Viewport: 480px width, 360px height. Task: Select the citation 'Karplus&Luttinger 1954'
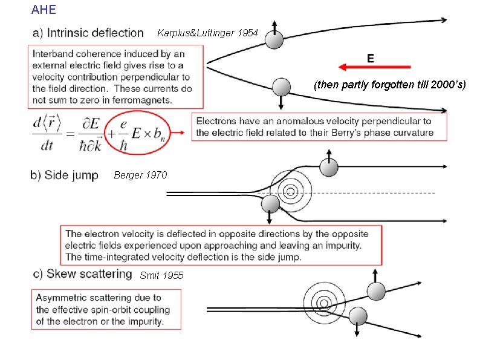tap(208, 33)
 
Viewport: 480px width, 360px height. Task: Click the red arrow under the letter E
tap(374, 67)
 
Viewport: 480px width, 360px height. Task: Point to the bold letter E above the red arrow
tap(370, 57)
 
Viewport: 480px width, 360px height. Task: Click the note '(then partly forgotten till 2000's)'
tap(389, 85)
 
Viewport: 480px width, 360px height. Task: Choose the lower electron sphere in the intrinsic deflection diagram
tap(281, 87)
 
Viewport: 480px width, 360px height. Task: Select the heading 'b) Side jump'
tap(64, 175)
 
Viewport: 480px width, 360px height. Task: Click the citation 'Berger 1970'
tap(138, 175)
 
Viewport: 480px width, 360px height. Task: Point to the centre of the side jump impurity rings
tap(291, 192)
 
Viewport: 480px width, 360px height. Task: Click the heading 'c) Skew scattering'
tap(82, 273)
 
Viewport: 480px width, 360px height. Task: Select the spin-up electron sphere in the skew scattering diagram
tap(376, 292)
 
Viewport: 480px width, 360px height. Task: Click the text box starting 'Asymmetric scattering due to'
tap(106, 309)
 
